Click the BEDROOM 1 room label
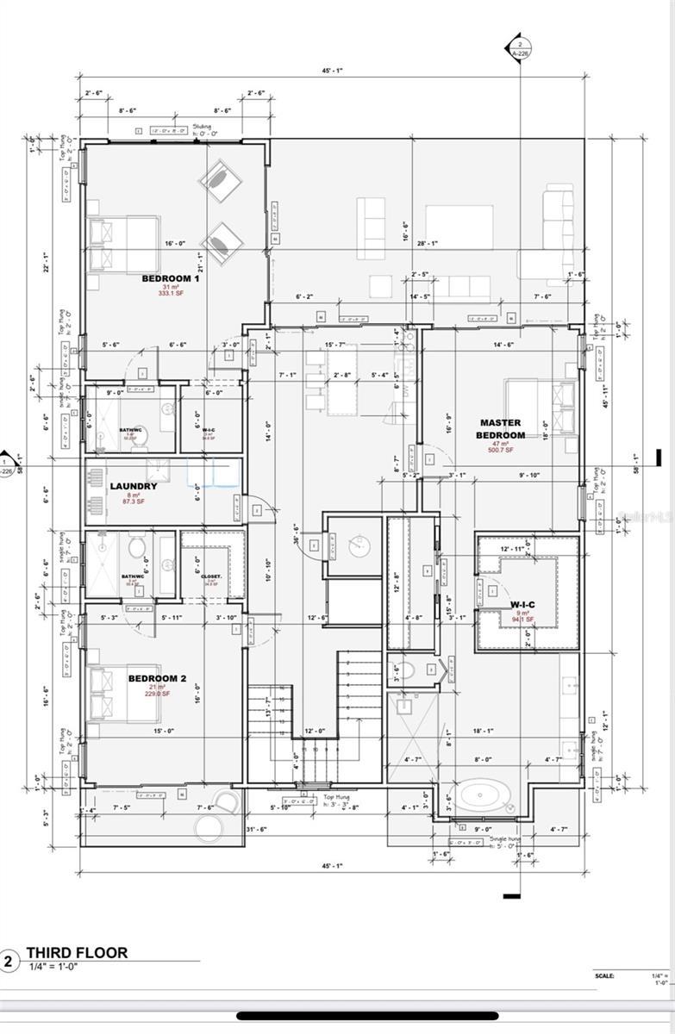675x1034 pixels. [x=170, y=278]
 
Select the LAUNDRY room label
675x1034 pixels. [x=134, y=486]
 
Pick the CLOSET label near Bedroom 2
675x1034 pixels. [x=212, y=576]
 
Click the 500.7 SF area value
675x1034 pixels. [x=500, y=450]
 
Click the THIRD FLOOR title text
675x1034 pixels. [x=77, y=952]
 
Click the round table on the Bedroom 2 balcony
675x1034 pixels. [x=209, y=829]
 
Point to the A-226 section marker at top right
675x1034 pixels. [x=519, y=47]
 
